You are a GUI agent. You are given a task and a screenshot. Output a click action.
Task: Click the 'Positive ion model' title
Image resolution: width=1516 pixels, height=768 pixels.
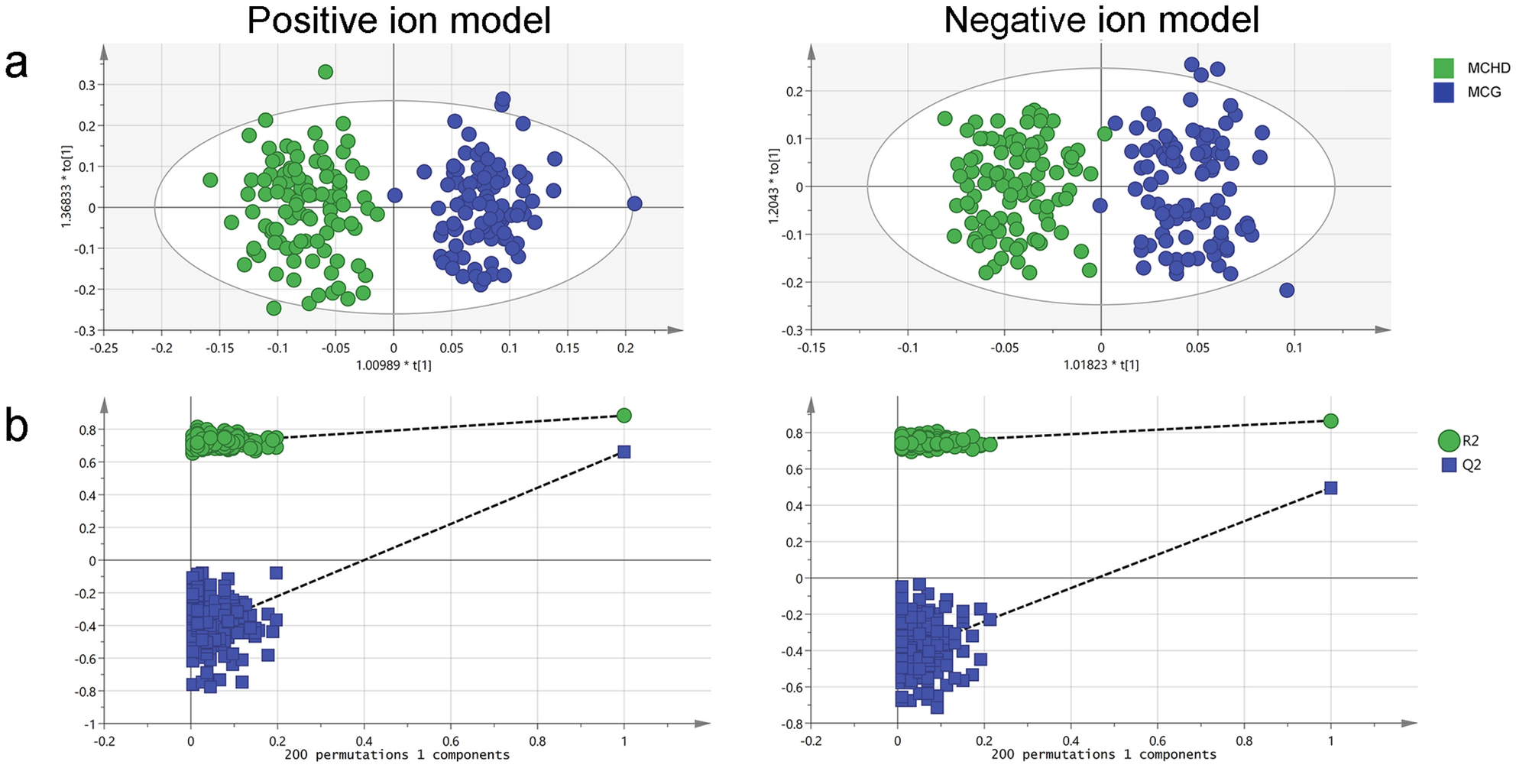[399, 21]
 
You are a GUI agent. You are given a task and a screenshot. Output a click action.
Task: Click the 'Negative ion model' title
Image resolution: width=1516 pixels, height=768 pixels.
[1101, 21]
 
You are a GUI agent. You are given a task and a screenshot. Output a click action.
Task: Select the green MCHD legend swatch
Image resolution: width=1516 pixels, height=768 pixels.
[1443, 68]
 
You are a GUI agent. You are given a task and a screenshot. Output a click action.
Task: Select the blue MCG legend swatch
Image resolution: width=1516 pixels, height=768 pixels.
[1443, 92]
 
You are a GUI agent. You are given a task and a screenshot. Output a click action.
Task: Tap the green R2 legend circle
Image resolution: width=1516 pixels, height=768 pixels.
[1449, 441]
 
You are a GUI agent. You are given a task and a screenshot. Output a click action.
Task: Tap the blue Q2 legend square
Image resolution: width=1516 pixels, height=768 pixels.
[1449, 465]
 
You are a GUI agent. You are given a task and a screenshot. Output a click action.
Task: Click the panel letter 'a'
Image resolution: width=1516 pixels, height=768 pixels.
[17, 64]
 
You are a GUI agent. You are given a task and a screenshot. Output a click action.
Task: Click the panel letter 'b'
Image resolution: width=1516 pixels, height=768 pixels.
[17, 425]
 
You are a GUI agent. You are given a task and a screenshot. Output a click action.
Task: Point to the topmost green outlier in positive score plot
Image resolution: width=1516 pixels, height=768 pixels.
[326, 72]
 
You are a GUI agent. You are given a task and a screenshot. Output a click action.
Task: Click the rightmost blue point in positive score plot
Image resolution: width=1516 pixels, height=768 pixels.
[634, 203]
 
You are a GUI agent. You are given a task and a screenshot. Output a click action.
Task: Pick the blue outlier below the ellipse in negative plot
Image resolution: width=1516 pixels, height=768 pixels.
[1287, 290]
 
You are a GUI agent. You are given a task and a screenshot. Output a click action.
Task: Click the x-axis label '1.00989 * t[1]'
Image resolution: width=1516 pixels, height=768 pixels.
[394, 366]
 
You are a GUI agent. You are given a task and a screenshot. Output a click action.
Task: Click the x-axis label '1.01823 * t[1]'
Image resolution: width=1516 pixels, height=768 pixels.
[1101, 365]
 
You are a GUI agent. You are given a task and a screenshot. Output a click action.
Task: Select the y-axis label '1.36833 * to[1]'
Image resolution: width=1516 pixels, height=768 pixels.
[66, 186]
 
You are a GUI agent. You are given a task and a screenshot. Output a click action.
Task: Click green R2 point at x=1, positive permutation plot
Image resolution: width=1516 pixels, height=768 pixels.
[624, 416]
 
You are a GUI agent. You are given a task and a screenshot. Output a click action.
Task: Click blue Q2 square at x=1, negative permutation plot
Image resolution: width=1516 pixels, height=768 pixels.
[1330, 488]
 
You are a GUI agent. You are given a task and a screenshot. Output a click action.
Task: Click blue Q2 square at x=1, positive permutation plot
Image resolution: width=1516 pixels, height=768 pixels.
[624, 452]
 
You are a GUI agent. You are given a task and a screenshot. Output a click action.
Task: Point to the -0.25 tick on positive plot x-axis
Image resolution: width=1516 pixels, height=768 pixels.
[104, 348]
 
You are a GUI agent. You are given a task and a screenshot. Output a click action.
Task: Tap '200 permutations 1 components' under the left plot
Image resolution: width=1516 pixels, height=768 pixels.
[397, 755]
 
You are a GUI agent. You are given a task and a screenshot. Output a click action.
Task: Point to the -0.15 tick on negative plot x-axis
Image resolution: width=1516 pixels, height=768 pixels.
[811, 348]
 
